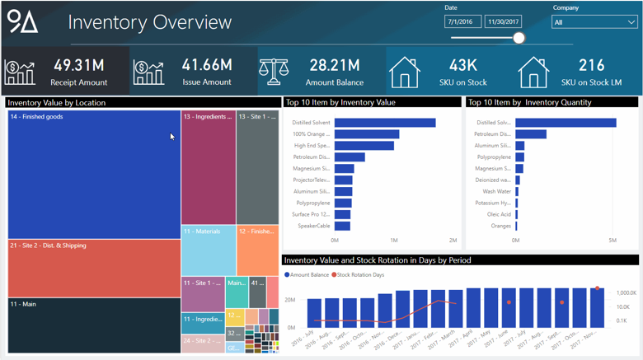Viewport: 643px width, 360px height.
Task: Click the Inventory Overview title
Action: (149, 22)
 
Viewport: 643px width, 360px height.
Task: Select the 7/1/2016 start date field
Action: (462, 22)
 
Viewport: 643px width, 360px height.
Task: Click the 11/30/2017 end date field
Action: (503, 22)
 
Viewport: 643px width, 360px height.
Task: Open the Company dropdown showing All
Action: (594, 22)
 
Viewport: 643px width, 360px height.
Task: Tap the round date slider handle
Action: (519, 38)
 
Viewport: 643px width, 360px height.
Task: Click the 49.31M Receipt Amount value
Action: (78, 64)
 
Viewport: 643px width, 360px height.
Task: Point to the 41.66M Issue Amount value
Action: (207, 64)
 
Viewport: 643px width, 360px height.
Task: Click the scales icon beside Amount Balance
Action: (274, 72)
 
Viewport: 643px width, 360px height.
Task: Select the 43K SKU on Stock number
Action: (463, 65)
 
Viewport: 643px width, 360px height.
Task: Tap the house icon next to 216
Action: (533, 72)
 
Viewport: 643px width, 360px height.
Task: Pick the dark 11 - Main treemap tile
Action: (94, 325)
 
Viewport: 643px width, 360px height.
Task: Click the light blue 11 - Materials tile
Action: (208, 251)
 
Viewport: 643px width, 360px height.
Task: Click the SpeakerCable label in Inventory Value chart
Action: (313, 226)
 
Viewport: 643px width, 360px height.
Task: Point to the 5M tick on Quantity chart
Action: (612, 241)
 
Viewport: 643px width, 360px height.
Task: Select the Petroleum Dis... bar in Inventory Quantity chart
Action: (531, 134)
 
